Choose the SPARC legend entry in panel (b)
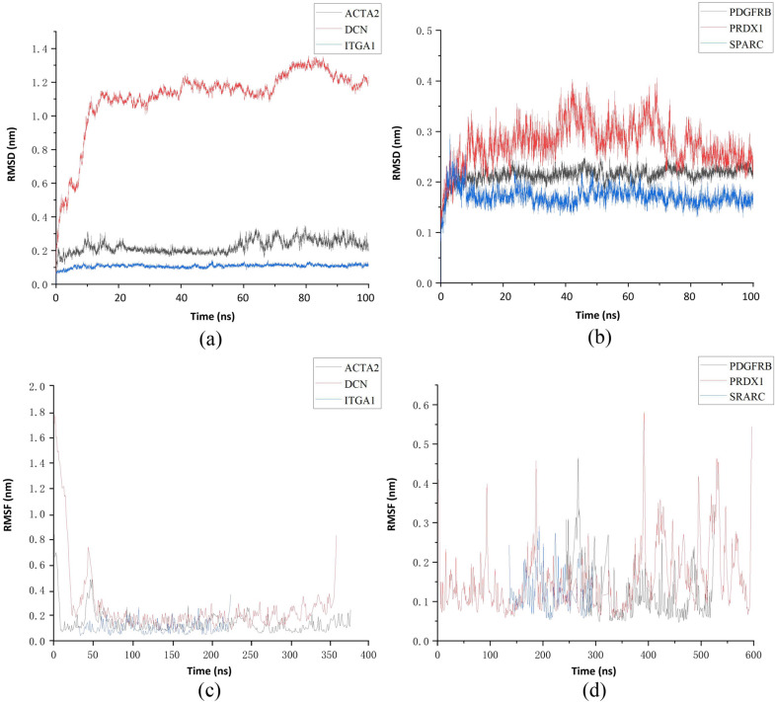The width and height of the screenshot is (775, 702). coord(728,47)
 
